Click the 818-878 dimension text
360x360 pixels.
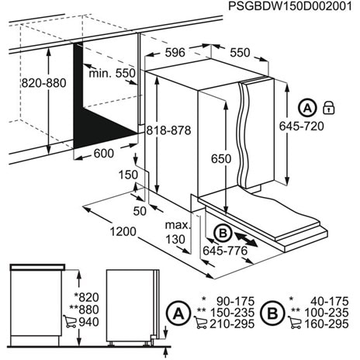(169, 132)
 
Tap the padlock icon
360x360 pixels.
(328, 106)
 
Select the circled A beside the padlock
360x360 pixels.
(308, 107)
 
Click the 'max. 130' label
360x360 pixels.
(177, 233)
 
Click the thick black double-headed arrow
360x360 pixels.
(249, 235)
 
